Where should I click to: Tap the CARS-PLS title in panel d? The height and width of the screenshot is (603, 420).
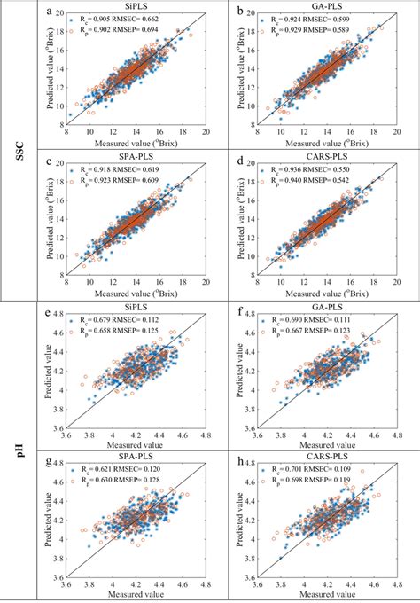click(324, 157)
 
